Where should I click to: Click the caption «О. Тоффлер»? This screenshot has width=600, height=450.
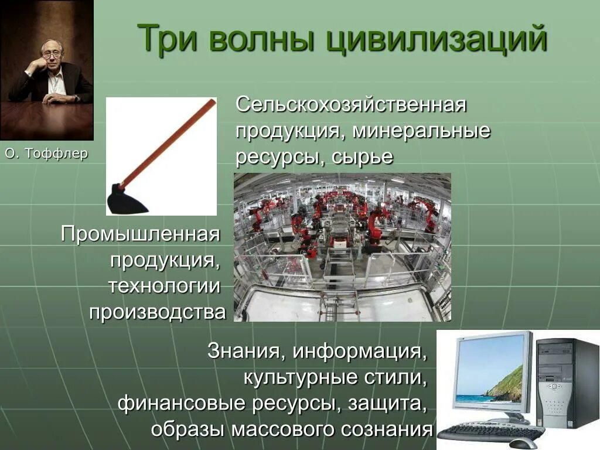tap(46, 154)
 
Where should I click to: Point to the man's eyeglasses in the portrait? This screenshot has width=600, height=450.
tap(52, 54)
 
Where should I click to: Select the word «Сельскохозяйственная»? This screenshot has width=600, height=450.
tap(351, 105)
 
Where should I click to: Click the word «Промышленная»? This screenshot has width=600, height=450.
tap(141, 234)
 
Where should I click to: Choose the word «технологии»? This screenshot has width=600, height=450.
tap(164, 286)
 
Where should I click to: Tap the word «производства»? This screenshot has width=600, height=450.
tap(157, 312)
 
